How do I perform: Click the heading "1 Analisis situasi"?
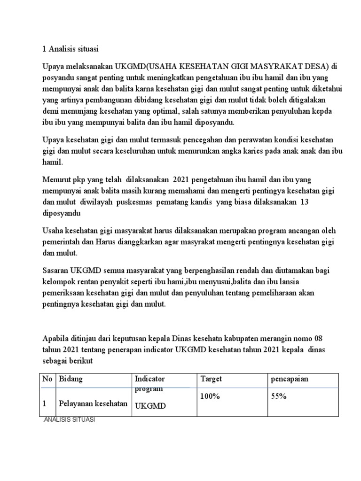point(71,48)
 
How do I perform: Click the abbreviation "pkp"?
point(81,180)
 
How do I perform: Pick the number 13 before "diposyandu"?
point(304,202)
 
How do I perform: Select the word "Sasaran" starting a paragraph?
point(55,270)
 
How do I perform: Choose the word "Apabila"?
point(56,339)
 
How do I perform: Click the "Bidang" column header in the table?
point(70,379)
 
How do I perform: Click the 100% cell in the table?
point(210,396)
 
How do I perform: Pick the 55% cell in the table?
point(279,396)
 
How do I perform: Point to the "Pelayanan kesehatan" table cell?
point(93,403)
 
